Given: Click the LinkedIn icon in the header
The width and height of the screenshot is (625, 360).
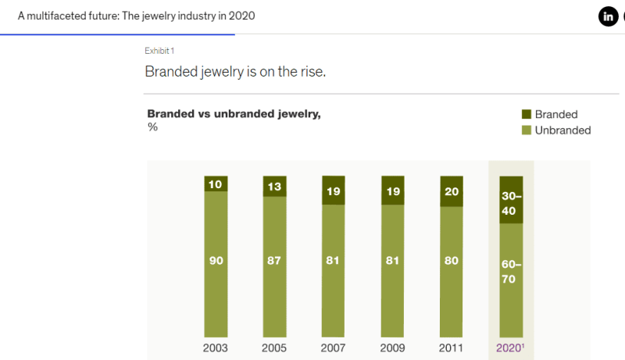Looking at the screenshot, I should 608,16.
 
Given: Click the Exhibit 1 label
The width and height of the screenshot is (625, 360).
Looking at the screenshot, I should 159,51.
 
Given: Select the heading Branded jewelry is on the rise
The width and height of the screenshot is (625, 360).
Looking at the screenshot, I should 235,72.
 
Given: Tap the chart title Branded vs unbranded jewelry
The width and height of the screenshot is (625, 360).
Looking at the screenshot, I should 234,114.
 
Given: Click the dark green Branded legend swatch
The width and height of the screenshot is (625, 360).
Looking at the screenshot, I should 526,115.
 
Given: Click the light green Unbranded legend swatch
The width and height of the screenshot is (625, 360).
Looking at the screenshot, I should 526,130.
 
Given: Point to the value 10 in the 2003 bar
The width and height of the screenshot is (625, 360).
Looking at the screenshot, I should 216,184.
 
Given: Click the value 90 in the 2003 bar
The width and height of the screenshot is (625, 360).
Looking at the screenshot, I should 216,261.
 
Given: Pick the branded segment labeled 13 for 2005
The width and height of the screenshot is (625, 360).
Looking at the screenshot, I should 275,186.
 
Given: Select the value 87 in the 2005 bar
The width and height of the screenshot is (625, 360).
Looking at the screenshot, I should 275,261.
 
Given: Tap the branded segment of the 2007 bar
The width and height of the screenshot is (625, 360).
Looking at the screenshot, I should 334,191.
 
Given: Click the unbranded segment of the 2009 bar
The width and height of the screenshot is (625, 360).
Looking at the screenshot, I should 393,261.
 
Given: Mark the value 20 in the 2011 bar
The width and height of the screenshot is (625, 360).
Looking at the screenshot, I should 452,191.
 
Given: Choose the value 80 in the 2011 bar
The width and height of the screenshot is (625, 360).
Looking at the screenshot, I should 452,261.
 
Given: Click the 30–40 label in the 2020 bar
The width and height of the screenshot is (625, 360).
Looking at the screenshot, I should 511,202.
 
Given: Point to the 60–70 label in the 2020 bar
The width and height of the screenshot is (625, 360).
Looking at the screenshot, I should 511,272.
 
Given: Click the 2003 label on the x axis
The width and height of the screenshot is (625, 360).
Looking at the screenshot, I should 216,348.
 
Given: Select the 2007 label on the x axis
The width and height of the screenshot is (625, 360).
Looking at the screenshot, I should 334,348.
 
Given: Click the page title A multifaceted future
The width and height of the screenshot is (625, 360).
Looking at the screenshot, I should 136,16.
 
